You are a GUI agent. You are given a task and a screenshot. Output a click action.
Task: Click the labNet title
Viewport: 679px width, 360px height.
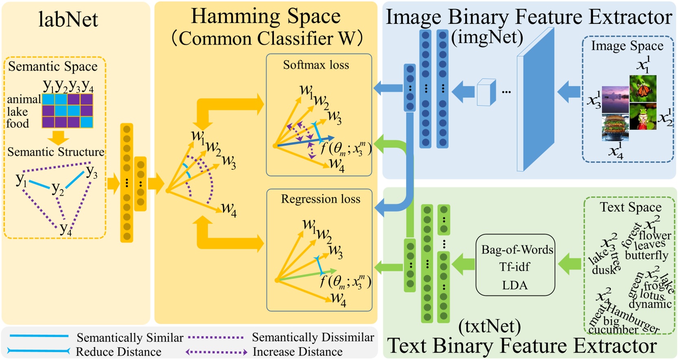click(68, 20)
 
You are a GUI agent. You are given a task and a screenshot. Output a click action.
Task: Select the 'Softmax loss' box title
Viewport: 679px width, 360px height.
click(316, 65)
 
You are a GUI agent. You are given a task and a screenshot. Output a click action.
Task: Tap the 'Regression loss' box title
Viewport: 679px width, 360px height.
click(320, 199)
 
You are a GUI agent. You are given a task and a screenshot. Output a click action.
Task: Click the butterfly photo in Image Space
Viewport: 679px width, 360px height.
click(643, 88)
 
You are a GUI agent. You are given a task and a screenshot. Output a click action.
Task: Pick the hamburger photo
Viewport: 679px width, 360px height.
click(615, 127)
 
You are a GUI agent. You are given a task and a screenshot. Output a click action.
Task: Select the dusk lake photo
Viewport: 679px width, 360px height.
click(615, 99)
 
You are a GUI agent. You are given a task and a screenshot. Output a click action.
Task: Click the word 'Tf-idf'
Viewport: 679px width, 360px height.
click(515, 267)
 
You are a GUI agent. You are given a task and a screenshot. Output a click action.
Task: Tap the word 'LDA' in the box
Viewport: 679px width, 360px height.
click(515, 285)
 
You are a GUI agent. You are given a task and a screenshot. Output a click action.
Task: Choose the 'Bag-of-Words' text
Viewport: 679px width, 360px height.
click(517, 250)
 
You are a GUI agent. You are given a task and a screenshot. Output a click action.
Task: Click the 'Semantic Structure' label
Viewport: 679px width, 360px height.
click(56, 152)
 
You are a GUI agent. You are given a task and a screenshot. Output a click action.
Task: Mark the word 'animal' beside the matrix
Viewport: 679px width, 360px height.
click(24, 99)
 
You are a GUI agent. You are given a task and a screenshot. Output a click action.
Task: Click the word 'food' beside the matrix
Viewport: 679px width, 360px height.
click(18, 123)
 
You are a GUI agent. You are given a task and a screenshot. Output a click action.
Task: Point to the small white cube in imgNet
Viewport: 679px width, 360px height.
click(486, 92)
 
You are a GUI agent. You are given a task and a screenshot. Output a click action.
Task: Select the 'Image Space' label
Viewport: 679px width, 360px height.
click(627, 46)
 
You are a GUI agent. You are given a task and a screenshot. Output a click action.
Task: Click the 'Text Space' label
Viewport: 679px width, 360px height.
click(630, 207)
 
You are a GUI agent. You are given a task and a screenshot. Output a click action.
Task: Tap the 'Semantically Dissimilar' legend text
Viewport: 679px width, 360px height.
click(313, 337)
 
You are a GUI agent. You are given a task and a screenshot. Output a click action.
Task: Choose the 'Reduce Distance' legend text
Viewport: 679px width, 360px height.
click(118, 352)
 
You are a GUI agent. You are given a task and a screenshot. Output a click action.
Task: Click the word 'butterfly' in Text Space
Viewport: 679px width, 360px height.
click(646, 255)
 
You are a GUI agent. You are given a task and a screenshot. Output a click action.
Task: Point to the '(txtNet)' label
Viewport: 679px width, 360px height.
click(489, 326)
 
